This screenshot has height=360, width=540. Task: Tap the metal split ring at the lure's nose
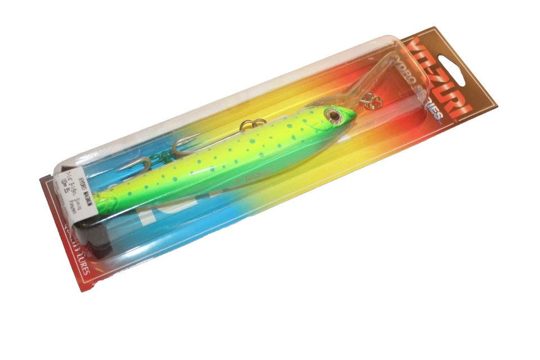pos(372,102)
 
